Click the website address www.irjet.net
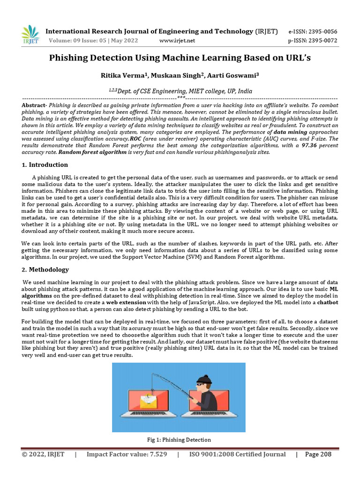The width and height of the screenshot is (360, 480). [x=177, y=40]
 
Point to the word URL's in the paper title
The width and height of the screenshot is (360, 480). [x=296, y=58]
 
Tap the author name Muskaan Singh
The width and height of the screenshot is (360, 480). [x=175, y=75]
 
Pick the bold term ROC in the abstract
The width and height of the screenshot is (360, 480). [x=135, y=139]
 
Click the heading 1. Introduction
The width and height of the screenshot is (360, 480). [x=45, y=165]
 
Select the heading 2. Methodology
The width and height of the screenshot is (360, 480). [x=45, y=270]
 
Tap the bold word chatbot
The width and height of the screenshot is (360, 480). [x=328, y=303]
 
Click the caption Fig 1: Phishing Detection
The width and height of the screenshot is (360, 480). [x=179, y=440]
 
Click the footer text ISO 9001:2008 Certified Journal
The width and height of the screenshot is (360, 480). [x=237, y=454]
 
